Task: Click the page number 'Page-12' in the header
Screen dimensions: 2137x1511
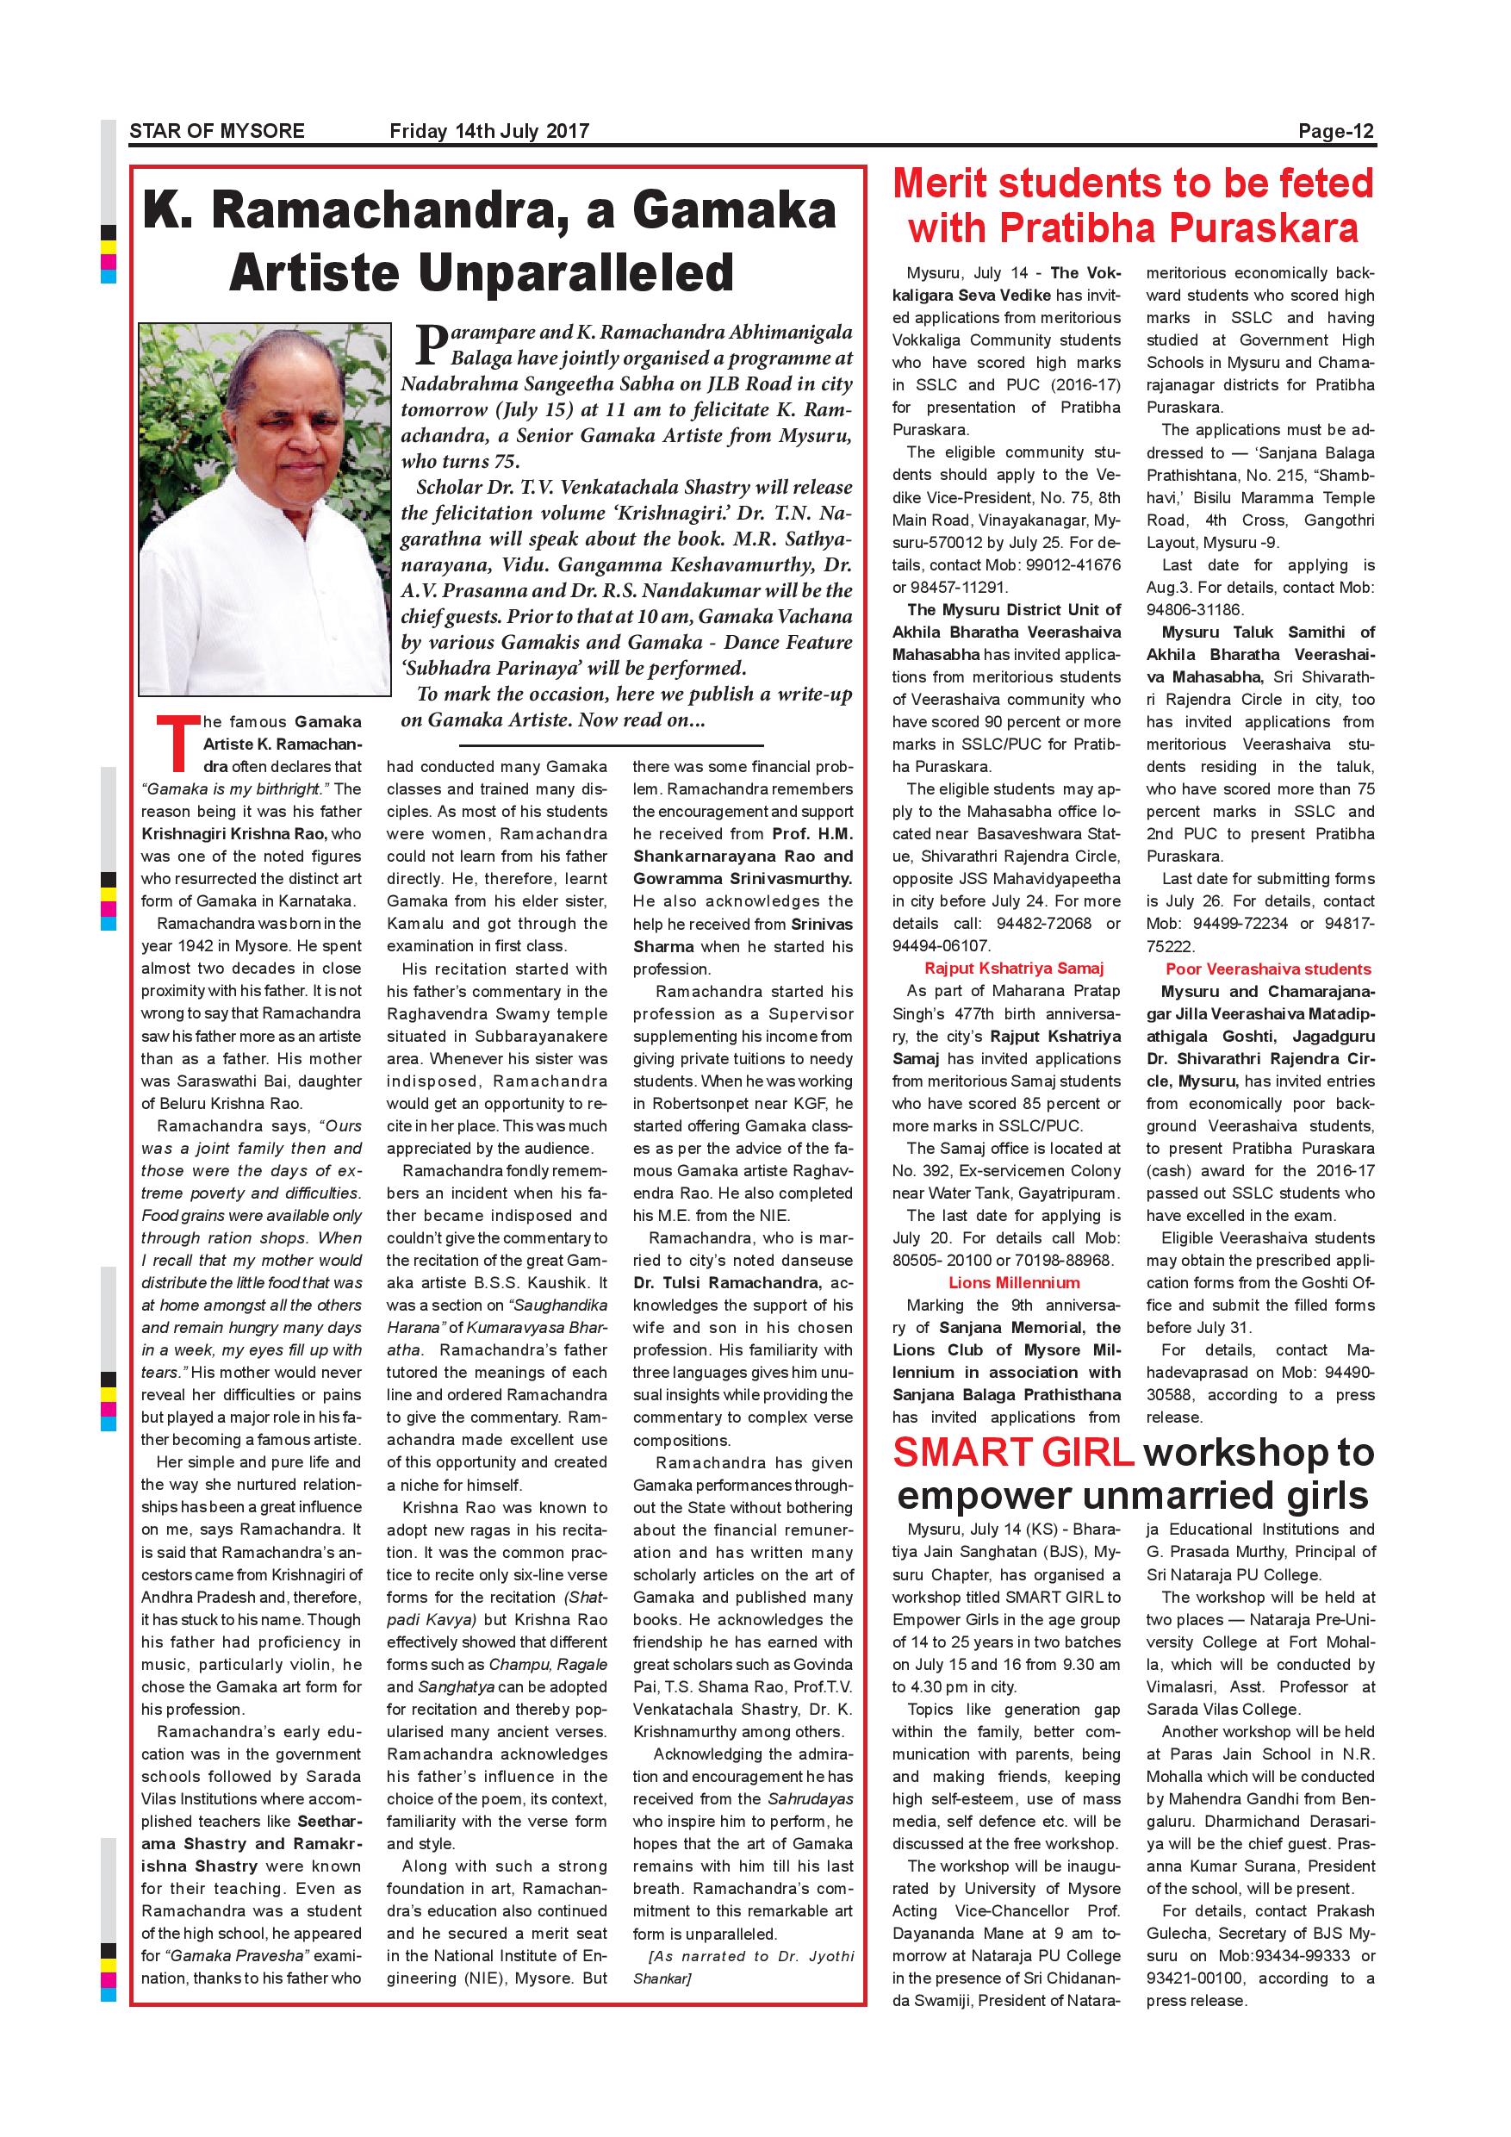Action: [x=1336, y=131]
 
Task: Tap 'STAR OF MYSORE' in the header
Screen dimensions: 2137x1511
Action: [x=217, y=131]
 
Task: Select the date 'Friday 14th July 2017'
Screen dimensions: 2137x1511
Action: [x=489, y=131]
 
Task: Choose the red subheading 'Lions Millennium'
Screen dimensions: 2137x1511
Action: [x=1008, y=1282]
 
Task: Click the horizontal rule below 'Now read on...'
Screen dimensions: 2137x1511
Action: [x=611, y=745]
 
